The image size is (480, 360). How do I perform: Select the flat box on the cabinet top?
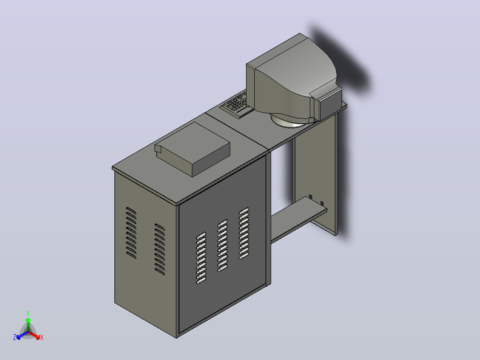(x=192, y=149)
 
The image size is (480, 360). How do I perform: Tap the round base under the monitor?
(x=290, y=121)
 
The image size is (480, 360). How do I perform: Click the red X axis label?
(x=42, y=337)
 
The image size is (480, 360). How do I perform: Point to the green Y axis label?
(x=28, y=314)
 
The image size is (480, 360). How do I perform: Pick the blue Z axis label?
(x=15, y=337)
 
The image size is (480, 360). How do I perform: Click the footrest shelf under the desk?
(x=298, y=219)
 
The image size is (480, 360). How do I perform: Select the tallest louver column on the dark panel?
(x=244, y=233)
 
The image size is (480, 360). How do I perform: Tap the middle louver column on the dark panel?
(x=223, y=245)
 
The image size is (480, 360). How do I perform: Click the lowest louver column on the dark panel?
(x=201, y=258)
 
